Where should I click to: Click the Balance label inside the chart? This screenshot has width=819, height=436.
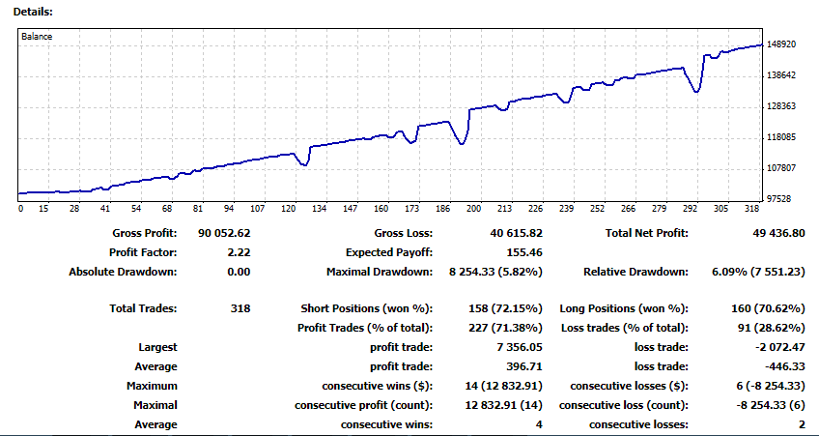(37, 37)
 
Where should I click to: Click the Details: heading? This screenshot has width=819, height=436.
(33, 12)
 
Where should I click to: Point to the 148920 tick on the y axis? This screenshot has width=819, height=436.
(782, 44)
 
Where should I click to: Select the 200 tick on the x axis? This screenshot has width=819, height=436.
(474, 209)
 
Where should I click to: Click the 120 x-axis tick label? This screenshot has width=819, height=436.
(289, 209)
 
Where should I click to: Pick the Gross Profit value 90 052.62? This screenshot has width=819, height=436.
(224, 233)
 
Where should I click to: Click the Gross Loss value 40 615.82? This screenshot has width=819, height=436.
(516, 233)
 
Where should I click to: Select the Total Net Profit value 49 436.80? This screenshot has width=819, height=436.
(778, 233)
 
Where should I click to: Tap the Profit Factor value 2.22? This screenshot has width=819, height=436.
(239, 252)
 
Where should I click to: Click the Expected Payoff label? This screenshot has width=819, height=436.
(389, 252)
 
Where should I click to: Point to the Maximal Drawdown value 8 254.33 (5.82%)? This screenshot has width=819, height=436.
(495, 272)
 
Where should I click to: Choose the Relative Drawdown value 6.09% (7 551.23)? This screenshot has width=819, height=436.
(758, 272)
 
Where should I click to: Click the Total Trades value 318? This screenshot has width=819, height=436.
(240, 308)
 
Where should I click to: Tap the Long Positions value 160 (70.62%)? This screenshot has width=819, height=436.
(769, 309)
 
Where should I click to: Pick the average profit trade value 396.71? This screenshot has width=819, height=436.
(524, 366)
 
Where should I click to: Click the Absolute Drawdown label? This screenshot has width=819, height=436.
(123, 272)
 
